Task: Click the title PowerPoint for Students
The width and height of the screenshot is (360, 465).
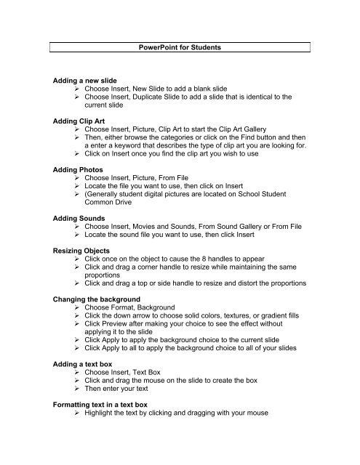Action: (180, 47)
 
